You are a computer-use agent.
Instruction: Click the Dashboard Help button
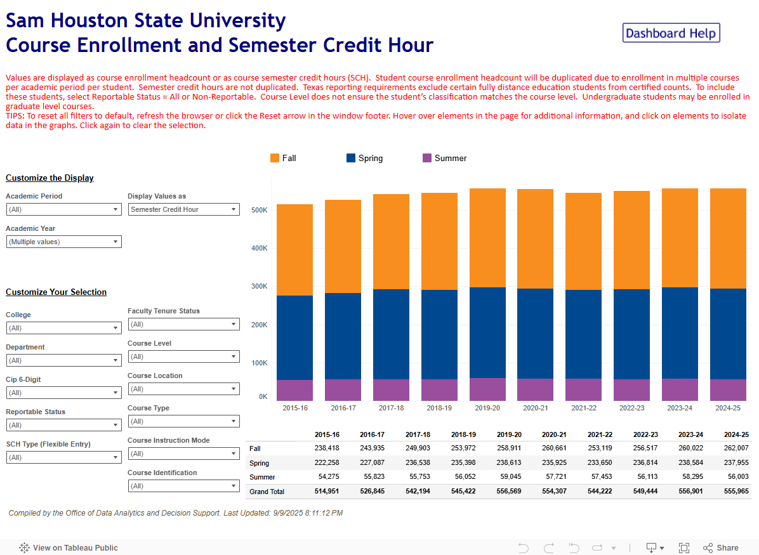click(x=671, y=33)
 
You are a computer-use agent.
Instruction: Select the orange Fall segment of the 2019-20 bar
click(x=487, y=238)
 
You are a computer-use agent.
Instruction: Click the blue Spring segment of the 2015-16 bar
click(x=294, y=337)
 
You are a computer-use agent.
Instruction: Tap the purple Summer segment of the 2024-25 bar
click(x=728, y=389)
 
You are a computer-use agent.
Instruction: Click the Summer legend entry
click(x=444, y=158)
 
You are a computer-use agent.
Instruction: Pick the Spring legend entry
click(x=364, y=158)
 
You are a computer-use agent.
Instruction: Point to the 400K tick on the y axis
click(x=259, y=248)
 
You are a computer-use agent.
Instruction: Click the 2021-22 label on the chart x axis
click(x=583, y=408)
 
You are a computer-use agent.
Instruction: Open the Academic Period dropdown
click(x=63, y=209)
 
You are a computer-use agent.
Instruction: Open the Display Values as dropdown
click(x=184, y=209)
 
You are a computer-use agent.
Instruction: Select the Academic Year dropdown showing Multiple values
click(x=63, y=242)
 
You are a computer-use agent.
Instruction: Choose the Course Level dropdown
click(x=184, y=356)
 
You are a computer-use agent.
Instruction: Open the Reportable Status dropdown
click(x=63, y=425)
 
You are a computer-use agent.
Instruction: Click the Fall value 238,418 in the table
click(x=327, y=449)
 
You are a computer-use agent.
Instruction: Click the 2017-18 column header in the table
click(x=418, y=434)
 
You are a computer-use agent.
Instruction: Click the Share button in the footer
click(x=721, y=548)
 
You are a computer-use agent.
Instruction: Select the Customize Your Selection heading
click(x=56, y=292)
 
